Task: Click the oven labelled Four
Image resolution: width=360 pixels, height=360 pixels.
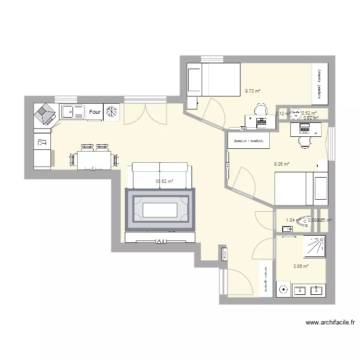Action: tap(95, 112)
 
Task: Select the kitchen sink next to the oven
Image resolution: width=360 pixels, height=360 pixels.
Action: tap(72, 112)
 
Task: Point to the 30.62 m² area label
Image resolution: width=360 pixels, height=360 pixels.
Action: tap(164, 181)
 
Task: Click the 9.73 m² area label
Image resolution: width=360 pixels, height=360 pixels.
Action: tap(252, 91)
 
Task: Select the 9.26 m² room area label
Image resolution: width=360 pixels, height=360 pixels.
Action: tap(281, 164)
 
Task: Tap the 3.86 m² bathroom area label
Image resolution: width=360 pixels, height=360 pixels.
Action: tap(300, 265)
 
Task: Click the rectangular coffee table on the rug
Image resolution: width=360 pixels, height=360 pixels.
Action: tap(160, 210)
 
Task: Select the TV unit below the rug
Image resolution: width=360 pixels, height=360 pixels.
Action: tap(160, 237)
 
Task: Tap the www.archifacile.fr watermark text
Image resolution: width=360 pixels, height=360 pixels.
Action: tap(329, 323)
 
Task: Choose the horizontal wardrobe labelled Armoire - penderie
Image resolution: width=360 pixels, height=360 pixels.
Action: tap(248, 140)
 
